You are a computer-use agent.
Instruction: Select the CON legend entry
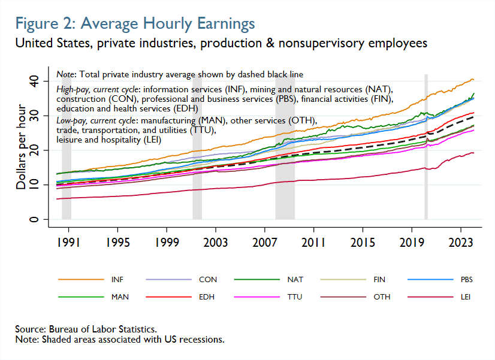[x=204, y=280]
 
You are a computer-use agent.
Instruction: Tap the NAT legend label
[x=291, y=280]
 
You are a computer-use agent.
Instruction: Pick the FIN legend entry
[x=379, y=280]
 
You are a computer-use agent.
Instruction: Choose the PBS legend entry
[x=466, y=280]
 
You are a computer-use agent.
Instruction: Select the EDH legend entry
[x=204, y=297]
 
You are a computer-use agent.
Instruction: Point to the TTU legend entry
[x=291, y=297]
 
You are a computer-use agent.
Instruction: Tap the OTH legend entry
[x=379, y=297]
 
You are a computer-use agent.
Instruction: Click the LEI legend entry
[x=466, y=297]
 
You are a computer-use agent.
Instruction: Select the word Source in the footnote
[x=31, y=329]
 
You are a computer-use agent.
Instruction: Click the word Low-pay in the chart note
[x=71, y=120]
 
